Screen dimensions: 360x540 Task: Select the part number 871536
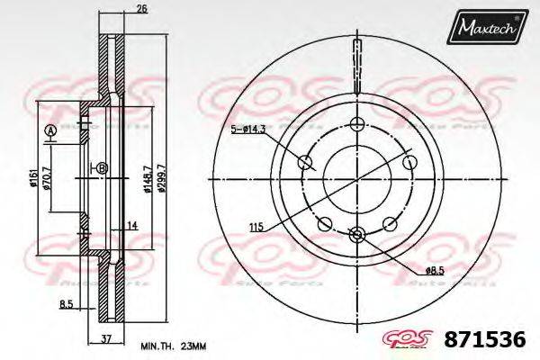[x=485, y=340]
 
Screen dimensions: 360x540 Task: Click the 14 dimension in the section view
[x=131, y=225]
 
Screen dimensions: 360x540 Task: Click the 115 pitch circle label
[x=256, y=228]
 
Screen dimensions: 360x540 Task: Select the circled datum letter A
[x=49, y=131]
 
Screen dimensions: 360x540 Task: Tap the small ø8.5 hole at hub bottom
[x=357, y=235]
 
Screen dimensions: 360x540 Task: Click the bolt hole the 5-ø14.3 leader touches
[x=305, y=162]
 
